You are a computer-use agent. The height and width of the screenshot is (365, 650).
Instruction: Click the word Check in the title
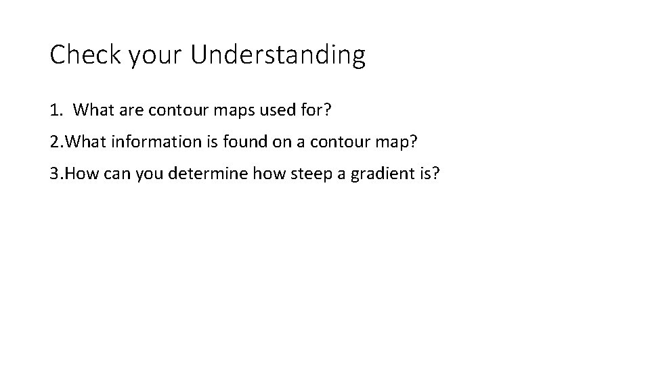point(80,55)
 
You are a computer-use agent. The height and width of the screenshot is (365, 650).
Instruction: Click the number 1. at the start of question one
point(56,109)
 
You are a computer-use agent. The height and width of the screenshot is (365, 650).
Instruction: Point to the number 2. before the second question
point(56,143)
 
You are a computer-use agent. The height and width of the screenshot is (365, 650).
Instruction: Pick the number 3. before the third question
point(56,175)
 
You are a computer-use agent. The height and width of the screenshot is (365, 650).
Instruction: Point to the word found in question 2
point(234,143)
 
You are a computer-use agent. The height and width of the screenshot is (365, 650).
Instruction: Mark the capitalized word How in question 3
point(82,175)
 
